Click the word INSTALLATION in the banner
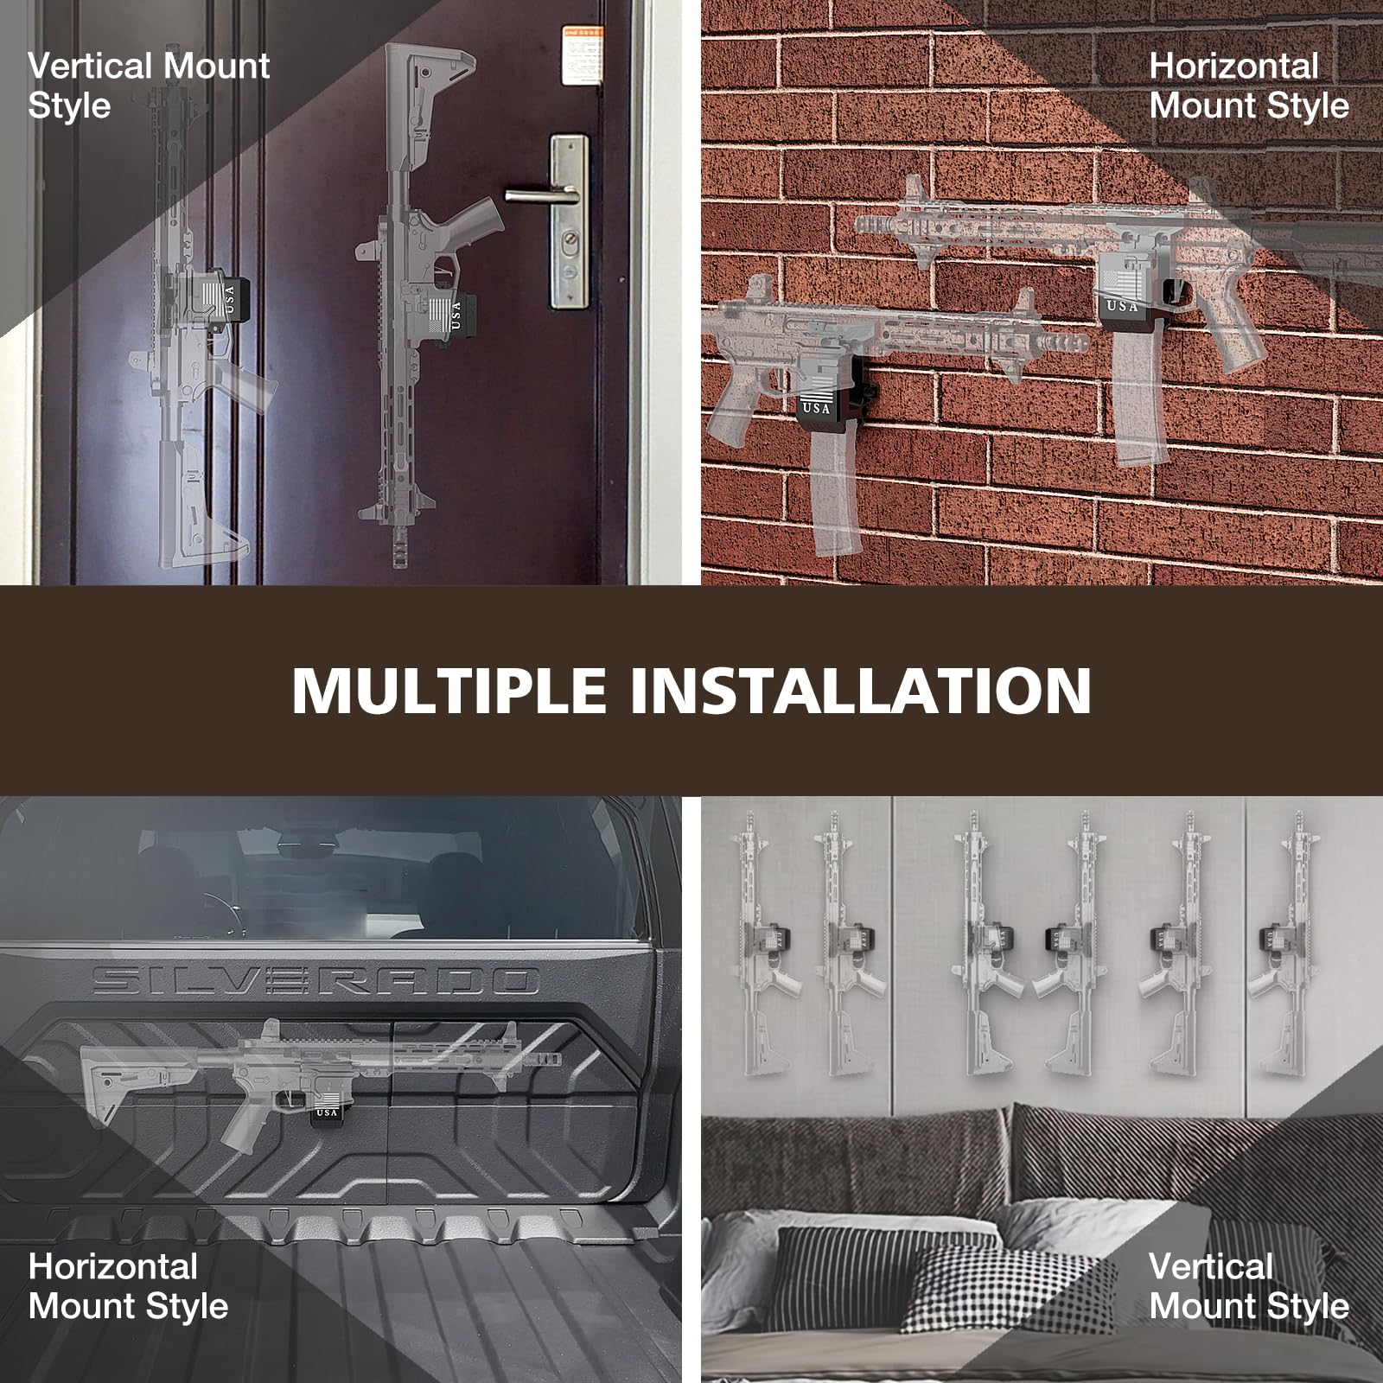860,690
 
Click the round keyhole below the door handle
570,245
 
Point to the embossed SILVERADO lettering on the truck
315,980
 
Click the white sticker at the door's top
582,56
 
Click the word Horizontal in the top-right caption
1233,67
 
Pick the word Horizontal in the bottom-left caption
113,1267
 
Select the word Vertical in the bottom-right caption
1210,1267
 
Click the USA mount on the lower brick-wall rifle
817,398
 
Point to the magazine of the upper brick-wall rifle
1135,398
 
